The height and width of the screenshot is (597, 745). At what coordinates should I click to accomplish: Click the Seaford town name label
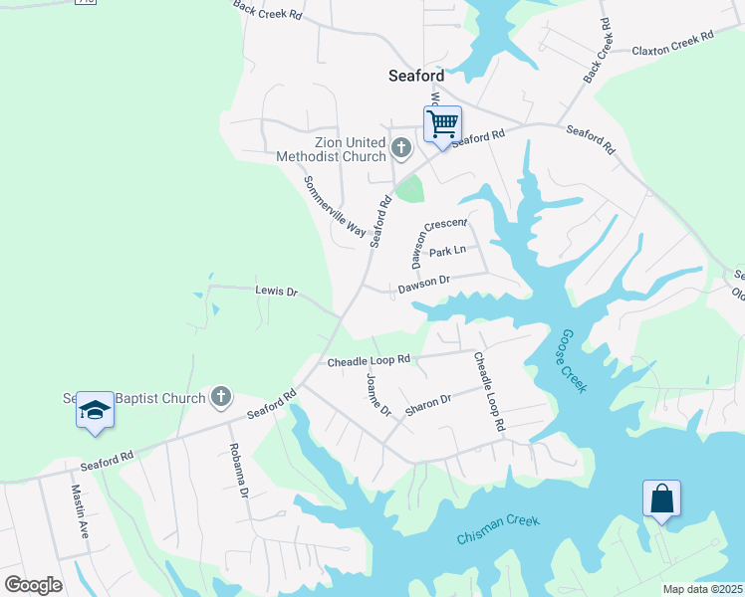tap(415, 75)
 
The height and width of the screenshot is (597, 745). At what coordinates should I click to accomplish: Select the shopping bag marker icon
tap(661, 498)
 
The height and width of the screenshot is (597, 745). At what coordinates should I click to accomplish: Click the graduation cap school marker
tap(95, 410)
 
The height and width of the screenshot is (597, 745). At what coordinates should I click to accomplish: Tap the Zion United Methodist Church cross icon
tap(400, 149)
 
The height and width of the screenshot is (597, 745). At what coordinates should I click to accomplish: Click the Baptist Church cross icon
tap(221, 398)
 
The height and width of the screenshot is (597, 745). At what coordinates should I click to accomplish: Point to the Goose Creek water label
tap(573, 361)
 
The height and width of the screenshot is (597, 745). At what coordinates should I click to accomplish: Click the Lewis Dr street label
tap(277, 292)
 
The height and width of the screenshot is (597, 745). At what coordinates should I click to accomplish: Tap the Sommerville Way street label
tap(335, 206)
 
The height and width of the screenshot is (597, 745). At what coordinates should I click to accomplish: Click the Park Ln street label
tap(447, 253)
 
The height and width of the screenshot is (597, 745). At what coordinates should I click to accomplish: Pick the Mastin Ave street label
tap(80, 511)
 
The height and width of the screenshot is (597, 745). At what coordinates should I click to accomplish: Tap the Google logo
tap(33, 584)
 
